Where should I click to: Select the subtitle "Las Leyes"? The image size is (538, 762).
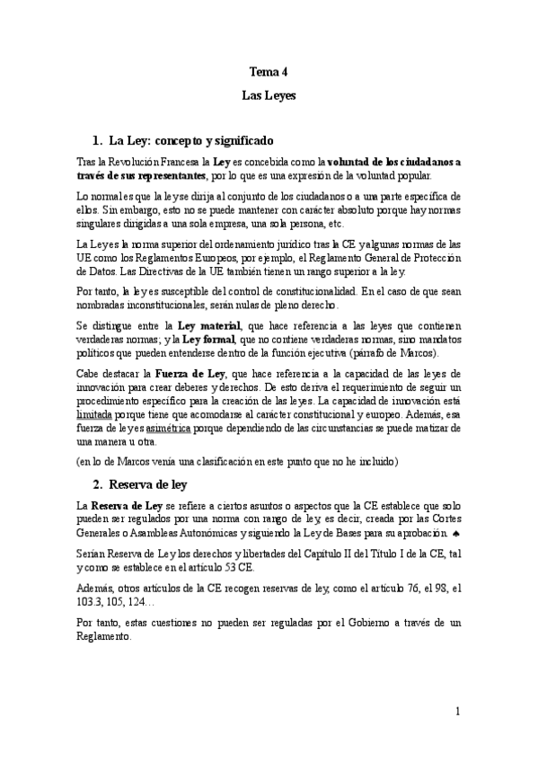269,93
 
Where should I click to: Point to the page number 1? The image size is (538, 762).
458,712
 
